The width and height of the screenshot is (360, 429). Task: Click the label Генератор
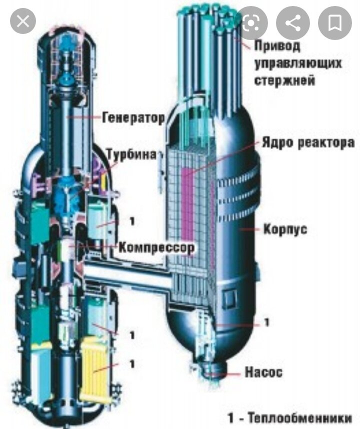click(133, 118)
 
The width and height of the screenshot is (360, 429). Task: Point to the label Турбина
click(134, 153)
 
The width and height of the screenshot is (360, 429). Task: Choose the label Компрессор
click(156, 247)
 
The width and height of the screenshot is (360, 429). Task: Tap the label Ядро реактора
click(308, 142)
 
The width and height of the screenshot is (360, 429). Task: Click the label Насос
click(263, 372)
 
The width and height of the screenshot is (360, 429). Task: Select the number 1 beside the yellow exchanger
click(132, 364)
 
